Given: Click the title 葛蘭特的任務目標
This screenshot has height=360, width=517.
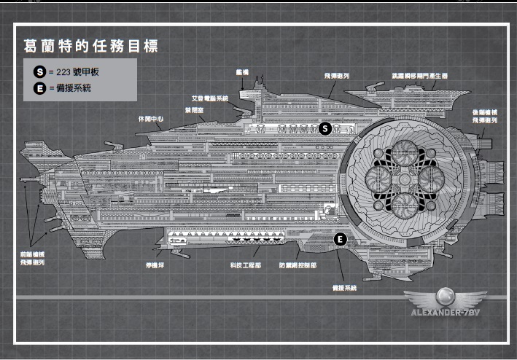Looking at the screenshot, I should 90,45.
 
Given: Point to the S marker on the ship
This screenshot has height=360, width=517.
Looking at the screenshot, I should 326,128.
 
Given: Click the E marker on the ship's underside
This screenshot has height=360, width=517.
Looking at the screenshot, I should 339,239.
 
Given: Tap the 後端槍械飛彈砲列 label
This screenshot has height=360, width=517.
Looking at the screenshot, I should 484,117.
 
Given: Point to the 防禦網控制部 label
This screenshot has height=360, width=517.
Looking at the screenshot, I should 298,266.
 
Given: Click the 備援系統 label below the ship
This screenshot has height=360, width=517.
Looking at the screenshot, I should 343,289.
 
